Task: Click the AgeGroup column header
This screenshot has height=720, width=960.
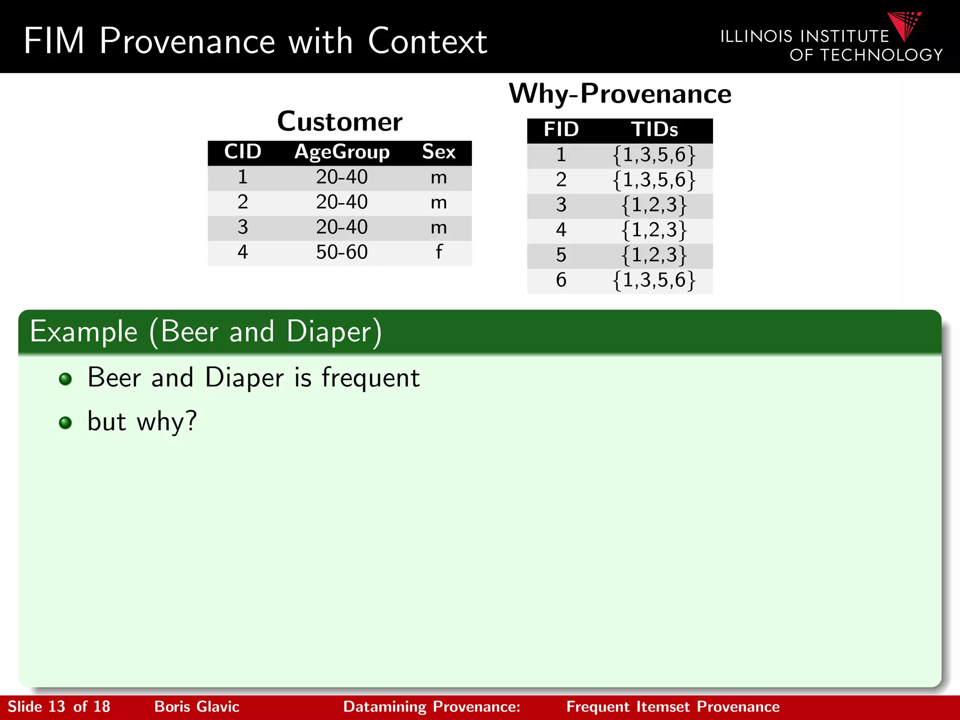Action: click(342, 152)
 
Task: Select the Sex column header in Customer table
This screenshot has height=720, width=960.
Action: click(438, 152)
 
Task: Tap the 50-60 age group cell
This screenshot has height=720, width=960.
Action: click(342, 252)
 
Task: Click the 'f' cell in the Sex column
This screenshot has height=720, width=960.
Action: click(438, 252)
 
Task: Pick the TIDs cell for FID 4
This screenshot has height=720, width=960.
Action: click(654, 230)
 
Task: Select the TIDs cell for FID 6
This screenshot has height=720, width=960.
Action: click(654, 280)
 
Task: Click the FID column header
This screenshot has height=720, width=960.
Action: click(561, 130)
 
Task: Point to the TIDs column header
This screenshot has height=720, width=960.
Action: click(654, 130)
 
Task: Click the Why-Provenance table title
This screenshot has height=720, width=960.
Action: click(620, 94)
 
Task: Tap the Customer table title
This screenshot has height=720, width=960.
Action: click(339, 122)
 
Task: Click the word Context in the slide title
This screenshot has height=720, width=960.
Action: click(427, 41)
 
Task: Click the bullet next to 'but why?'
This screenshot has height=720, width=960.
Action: click(66, 423)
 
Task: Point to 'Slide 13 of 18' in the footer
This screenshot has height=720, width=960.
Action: click(59, 706)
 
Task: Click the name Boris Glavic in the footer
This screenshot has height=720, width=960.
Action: click(197, 706)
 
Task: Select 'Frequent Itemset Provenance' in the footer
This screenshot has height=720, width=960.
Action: click(673, 706)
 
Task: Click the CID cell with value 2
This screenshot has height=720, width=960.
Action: click(242, 202)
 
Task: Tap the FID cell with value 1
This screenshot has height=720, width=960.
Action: click(561, 155)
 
